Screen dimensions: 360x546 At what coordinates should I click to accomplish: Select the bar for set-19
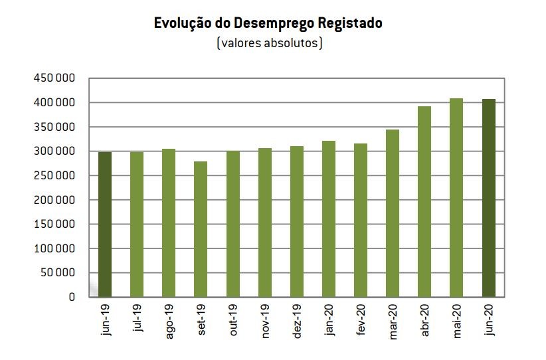(x=201, y=229)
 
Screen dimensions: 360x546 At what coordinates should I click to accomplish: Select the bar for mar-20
(x=393, y=213)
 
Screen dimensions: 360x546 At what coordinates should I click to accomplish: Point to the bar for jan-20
(x=329, y=219)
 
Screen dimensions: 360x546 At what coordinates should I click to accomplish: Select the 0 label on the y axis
(x=72, y=297)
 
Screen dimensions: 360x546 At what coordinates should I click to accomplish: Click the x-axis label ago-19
(x=169, y=323)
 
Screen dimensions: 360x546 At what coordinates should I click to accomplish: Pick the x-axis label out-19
(x=233, y=321)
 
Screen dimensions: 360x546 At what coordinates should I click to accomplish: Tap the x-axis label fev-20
(x=361, y=321)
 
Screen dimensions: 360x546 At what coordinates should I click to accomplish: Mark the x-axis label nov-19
(x=266, y=322)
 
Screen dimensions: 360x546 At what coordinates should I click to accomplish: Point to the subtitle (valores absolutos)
(x=269, y=44)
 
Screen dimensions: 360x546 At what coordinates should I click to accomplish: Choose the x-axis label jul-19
(x=137, y=320)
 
